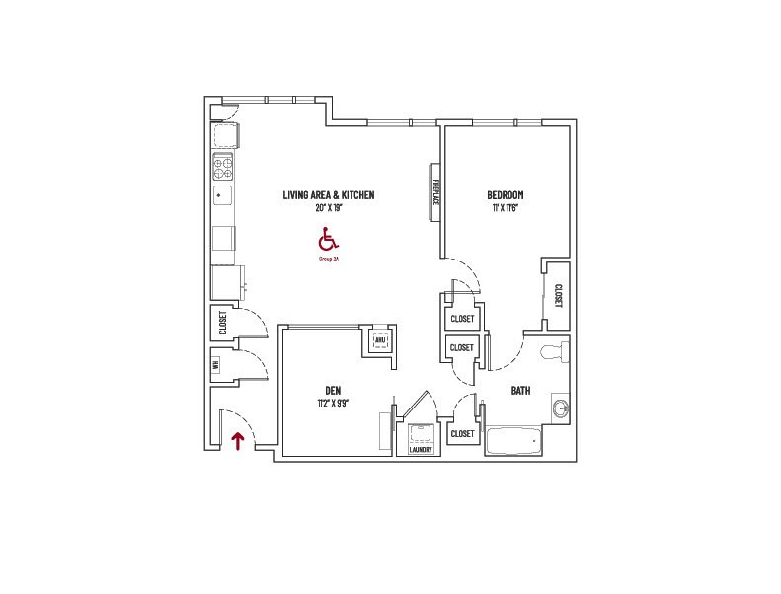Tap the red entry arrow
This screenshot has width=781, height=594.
[x=237, y=440]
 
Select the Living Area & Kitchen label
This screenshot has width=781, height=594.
[x=329, y=195]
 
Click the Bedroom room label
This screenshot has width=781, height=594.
[x=505, y=194]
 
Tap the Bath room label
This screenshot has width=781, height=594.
[x=520, y=391]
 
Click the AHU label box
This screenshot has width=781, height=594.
[x=380, y=341]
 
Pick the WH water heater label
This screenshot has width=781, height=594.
[x=215, y=364]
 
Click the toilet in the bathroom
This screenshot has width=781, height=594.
[x=555, y=351]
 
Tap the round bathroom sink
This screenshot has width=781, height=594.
[x=561, y=408]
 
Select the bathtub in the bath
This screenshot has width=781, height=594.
[x=515, y=441]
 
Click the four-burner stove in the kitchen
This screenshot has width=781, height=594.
[x=224, y=166]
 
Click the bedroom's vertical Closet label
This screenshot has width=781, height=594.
[x=558, y=296]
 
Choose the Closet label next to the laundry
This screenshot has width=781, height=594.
[x=462, y=433]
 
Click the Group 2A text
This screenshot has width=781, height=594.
[x=329, y=259]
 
